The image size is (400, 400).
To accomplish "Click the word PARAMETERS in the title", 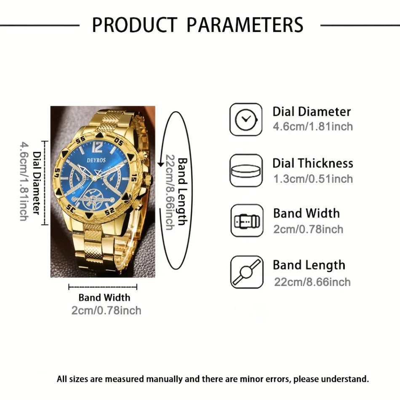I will click(x=245, y=25).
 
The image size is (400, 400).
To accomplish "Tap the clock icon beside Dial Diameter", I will click(x=246, y=120).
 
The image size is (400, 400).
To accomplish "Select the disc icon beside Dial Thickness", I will click(x=246, y=171).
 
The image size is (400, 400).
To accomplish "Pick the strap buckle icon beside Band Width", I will click(x=247, y=221).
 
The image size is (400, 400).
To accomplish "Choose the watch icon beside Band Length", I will click(x=247, y=272).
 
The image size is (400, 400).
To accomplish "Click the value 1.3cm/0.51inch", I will click(x=313, y=179).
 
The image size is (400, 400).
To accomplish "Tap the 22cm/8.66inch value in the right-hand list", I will click(x=312, y=282).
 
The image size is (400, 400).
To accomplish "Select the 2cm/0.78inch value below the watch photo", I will click(x=106, y=311).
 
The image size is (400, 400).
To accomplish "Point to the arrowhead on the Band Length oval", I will click(x=160, y=164).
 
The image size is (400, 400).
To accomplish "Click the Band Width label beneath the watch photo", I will click(x=104, y=298).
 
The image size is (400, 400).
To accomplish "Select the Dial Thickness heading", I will click(x=312, y=163).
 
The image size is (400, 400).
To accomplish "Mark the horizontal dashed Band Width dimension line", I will click(x=103, y=287).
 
